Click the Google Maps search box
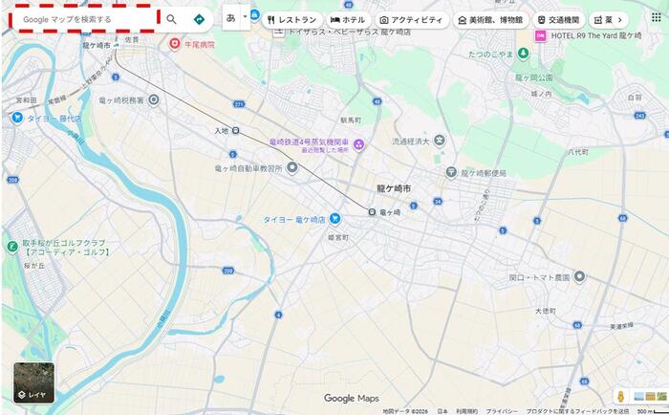pyautogui.click(x=81, y=18)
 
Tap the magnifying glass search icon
pyautogui.click(x=171, y=18)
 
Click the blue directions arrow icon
pyautogui.click(x=199, y=18)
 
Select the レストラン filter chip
pyautogui.click(x=292, y=19)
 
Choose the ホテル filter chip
pyautogui.click(x=348, y=19)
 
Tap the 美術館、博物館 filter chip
pyautogui.click(x=490, y=19)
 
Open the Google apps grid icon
pyautogui.click(x=656, y=17)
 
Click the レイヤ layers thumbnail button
pyautogui.click(x=33, y=382)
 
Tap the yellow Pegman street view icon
pyautogui.click(x=620, y=396)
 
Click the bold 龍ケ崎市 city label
pyautogui.click(x=394, y=189)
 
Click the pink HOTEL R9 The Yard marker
pyautogui.click(x=540, y=35)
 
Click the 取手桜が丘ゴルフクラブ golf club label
pyautogui.click(x=62, y=248)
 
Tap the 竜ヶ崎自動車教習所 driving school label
pyautogui.click(x=248, y=167)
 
